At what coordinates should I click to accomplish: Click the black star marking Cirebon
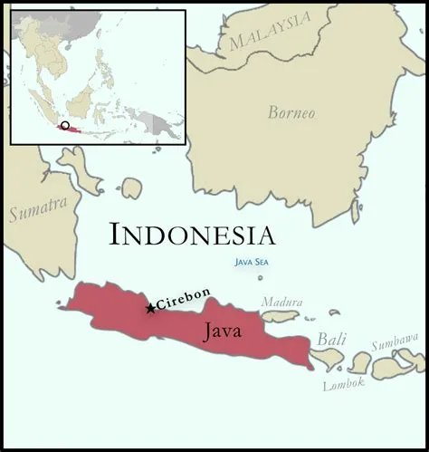click(150, 308)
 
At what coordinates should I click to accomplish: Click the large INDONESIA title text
click(191, 235)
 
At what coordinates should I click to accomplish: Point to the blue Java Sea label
click(251, 263)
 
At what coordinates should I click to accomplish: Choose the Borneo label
click(291, 113)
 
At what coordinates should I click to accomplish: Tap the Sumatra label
click(37, 209)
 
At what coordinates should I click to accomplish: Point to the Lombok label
click(344, 384)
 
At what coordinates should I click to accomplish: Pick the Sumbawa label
click(397, 344)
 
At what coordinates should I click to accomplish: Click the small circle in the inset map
click(64, 125)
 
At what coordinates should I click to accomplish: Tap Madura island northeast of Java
click(280, 317)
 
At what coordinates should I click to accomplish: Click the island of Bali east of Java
click(329, 359)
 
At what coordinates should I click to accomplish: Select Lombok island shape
click(359, 363)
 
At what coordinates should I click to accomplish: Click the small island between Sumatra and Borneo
click(131, 188)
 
